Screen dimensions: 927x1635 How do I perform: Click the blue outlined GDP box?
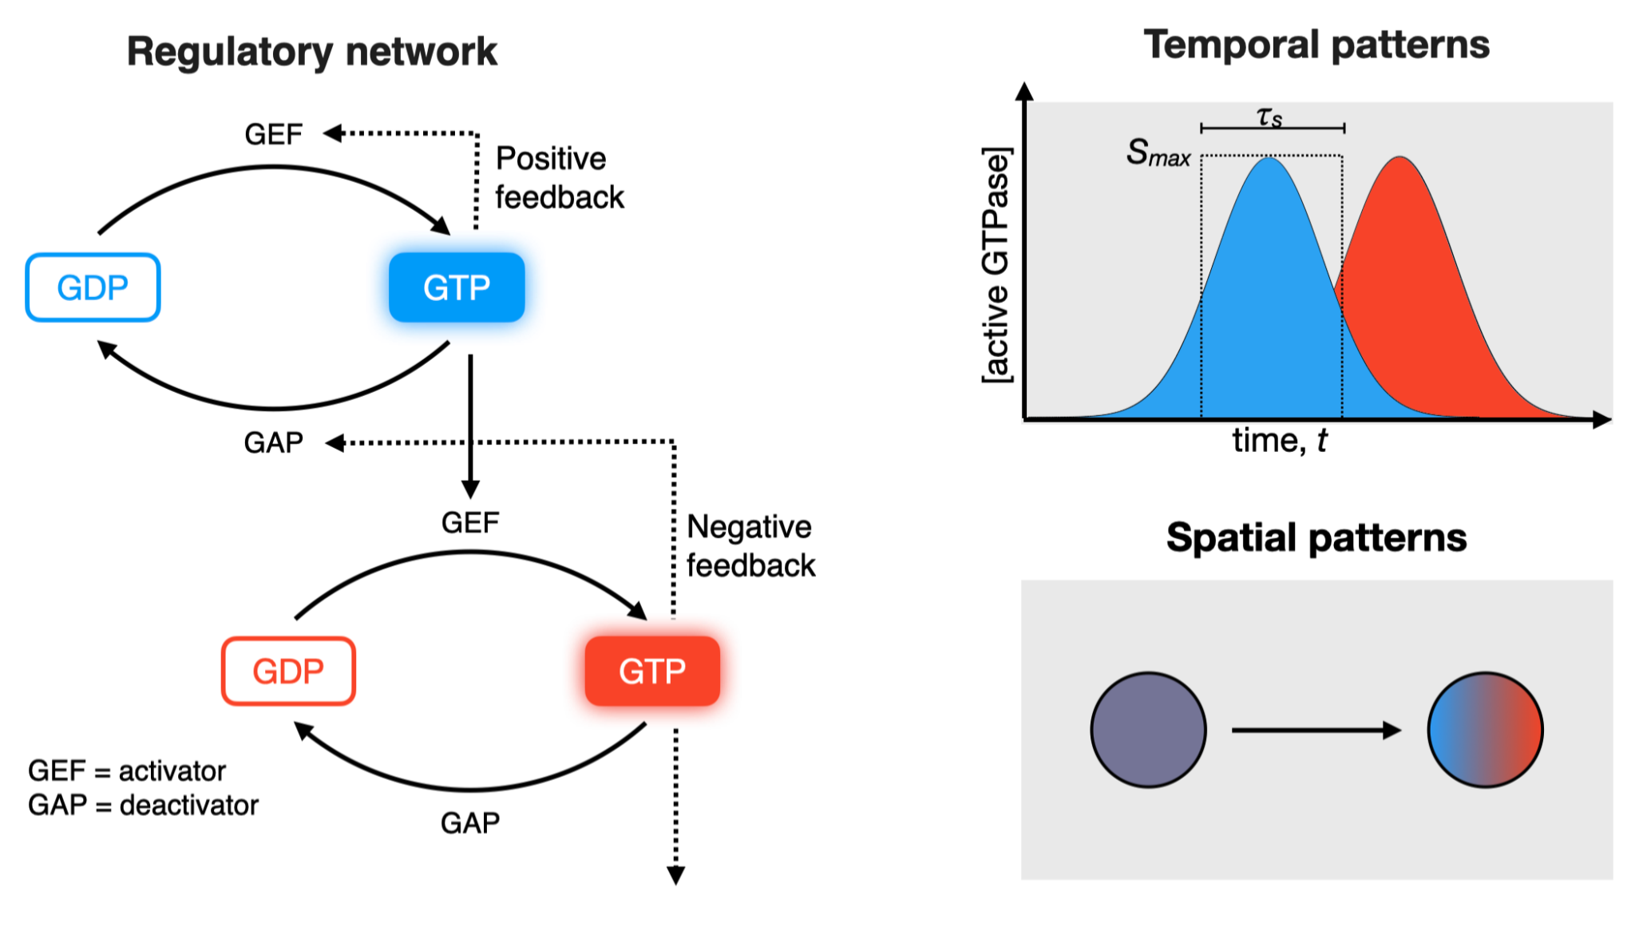click(93, 287)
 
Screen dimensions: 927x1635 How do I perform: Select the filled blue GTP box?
click(457, 287)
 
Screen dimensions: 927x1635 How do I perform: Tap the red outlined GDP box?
click(288, 671)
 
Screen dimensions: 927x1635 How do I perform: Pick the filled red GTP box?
click(652, 671)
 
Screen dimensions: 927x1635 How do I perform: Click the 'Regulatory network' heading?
click(311, 52)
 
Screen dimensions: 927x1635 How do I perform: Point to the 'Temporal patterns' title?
click(1316, 45)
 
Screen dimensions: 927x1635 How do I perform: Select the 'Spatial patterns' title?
click(1316, 537)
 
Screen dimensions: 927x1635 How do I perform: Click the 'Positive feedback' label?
click(559, 178)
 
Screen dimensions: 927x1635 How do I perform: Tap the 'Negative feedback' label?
click(750, 546)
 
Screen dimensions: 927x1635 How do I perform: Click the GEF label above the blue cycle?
click(273, 134)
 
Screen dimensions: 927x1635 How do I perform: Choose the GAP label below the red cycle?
click(470, 823)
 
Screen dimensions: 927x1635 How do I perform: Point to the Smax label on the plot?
click(1158, 153)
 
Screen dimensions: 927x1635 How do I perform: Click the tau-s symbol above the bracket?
click(1269, 117)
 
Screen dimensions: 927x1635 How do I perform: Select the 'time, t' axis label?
click(1279, 441)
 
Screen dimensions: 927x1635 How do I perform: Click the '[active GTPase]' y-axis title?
click(996, 265)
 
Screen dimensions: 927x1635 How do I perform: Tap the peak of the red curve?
click(1400, 158)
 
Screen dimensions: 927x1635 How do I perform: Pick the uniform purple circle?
click(1148, 730)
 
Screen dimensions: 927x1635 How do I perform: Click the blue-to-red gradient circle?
click(1485, 730)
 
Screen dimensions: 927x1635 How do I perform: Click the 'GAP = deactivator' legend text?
click(144, 806)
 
